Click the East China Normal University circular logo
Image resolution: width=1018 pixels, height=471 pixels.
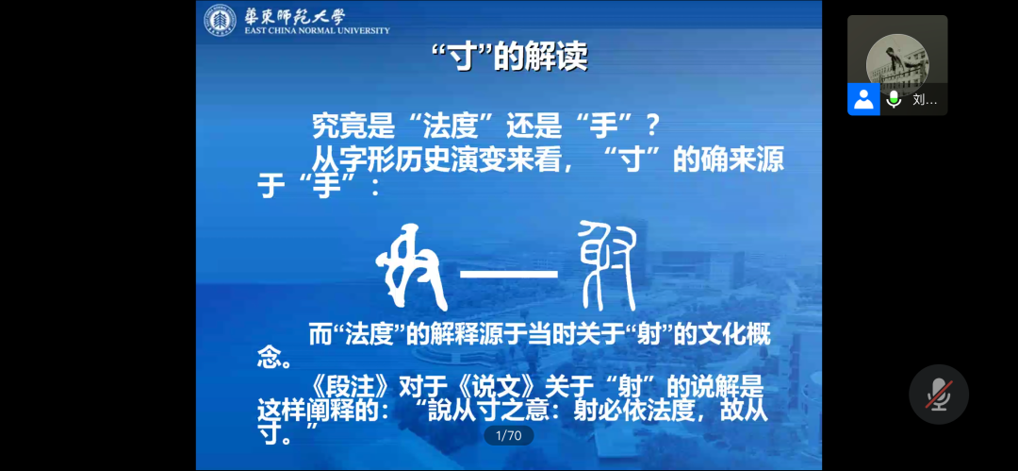[220, 20]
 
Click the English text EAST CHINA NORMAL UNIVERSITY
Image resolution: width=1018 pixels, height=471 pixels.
[318, 30]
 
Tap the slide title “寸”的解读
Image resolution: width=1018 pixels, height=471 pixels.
[510, 58]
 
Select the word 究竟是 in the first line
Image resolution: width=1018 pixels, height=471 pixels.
[353, 126]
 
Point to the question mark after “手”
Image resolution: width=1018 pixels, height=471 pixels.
[653, 126]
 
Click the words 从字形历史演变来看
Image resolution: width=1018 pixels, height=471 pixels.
[435, 159]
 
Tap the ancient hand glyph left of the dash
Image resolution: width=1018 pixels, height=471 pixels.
[412, 267]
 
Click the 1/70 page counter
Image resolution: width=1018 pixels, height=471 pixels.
[509, 435]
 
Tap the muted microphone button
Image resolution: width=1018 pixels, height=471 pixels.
[939, 395]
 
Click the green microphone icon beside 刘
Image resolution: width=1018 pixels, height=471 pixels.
[895, 99]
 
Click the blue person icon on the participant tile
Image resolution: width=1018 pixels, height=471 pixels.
[863, 99]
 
